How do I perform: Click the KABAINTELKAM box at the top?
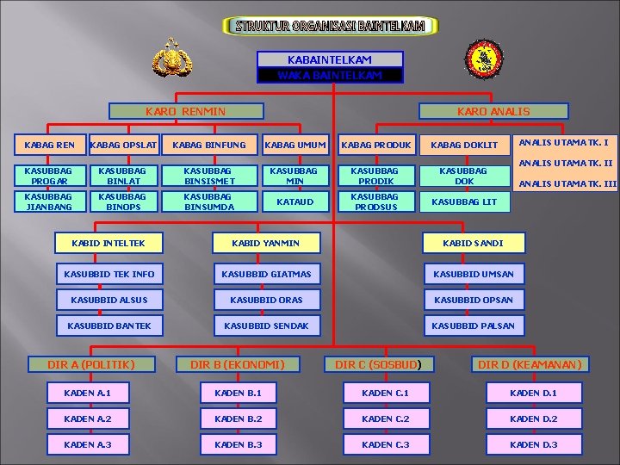click(x=330, y=59)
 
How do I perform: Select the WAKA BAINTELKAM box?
click(x=330, y=75)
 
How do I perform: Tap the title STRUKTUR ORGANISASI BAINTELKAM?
click(x=330, y=26)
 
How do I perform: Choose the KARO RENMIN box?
click(x=186, y=111)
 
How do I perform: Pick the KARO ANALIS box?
click(x=493, y=111)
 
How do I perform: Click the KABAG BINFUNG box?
click(x=209, y=145)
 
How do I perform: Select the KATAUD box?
click(x=294, y=201)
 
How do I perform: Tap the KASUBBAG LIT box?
click(x=463, y=201)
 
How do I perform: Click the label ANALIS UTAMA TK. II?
click(x=567, y=163)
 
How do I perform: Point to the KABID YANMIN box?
click(x=266, y=243)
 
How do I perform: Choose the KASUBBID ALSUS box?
click(x=109, y=300)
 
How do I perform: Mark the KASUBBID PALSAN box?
click(x=473, y=325)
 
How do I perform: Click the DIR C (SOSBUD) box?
click(x=380, y=364)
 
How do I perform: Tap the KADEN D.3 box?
click(x=534, y=444)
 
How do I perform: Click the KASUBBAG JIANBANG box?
click(x=38, y=201)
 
